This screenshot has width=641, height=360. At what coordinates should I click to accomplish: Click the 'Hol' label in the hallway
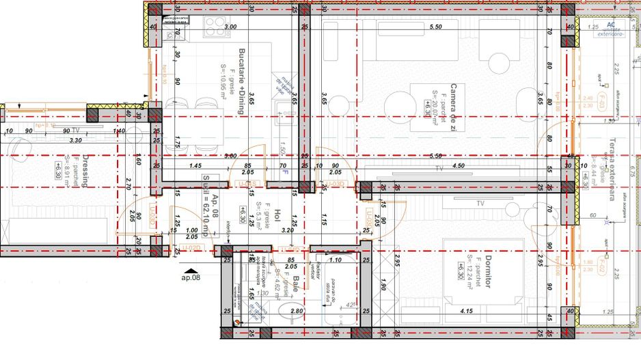coord(277,216)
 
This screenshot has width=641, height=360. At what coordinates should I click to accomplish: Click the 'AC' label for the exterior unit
coord(611,25)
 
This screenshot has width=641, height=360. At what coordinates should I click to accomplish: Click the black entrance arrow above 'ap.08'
coord(191,271)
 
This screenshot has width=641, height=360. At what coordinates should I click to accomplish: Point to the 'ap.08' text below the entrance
coord(191,278)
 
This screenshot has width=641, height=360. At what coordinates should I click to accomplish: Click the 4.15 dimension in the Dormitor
coord(467,311)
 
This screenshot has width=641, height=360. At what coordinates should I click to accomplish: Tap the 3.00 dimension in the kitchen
coord(231,27)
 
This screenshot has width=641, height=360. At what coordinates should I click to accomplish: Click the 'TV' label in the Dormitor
coord(480,203)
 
